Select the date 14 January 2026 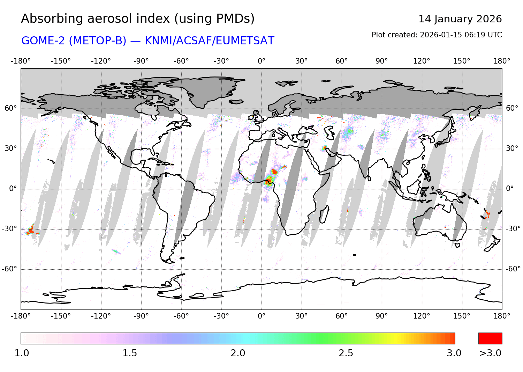460,19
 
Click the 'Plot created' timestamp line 437,35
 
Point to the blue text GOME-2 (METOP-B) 74,41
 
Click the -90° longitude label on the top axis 141,61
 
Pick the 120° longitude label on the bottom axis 422,316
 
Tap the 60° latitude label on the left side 10,108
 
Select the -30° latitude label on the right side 513,229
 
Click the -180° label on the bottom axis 21,316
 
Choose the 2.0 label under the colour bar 238,353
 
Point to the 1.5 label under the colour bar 129,353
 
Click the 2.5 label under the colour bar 346,353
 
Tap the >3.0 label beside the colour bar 490,353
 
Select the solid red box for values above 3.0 490,338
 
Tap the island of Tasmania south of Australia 457,245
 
